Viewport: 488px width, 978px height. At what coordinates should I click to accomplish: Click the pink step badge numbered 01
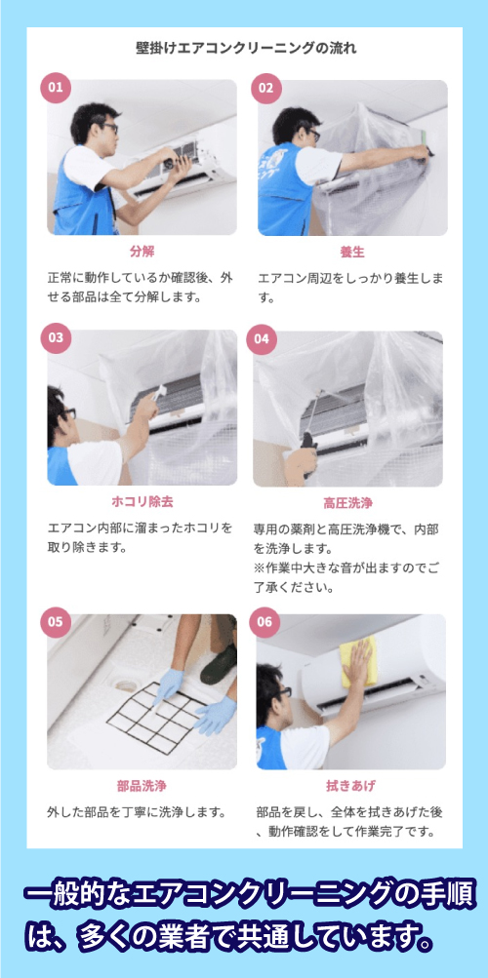(56, 87)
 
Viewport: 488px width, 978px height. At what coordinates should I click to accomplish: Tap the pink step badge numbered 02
(265, 87)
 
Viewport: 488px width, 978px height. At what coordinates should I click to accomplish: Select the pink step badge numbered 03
(56, 338)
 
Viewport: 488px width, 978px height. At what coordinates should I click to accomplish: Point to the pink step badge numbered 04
(261, 338)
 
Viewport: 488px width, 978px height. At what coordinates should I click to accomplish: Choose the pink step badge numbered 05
(56, 621)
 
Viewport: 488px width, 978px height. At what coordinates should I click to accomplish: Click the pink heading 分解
(142, 252)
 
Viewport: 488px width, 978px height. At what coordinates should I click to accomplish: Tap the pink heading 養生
(351, 252)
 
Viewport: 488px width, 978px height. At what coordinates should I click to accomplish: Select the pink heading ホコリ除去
(142, 502)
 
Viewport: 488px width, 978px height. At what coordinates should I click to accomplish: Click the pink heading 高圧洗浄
(347, 504)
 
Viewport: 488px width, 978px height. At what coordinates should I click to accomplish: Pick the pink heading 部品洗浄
(142, 786)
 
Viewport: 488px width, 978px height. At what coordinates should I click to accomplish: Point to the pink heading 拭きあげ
(350, 786)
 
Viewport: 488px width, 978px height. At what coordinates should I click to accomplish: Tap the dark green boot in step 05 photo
(219, 664)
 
